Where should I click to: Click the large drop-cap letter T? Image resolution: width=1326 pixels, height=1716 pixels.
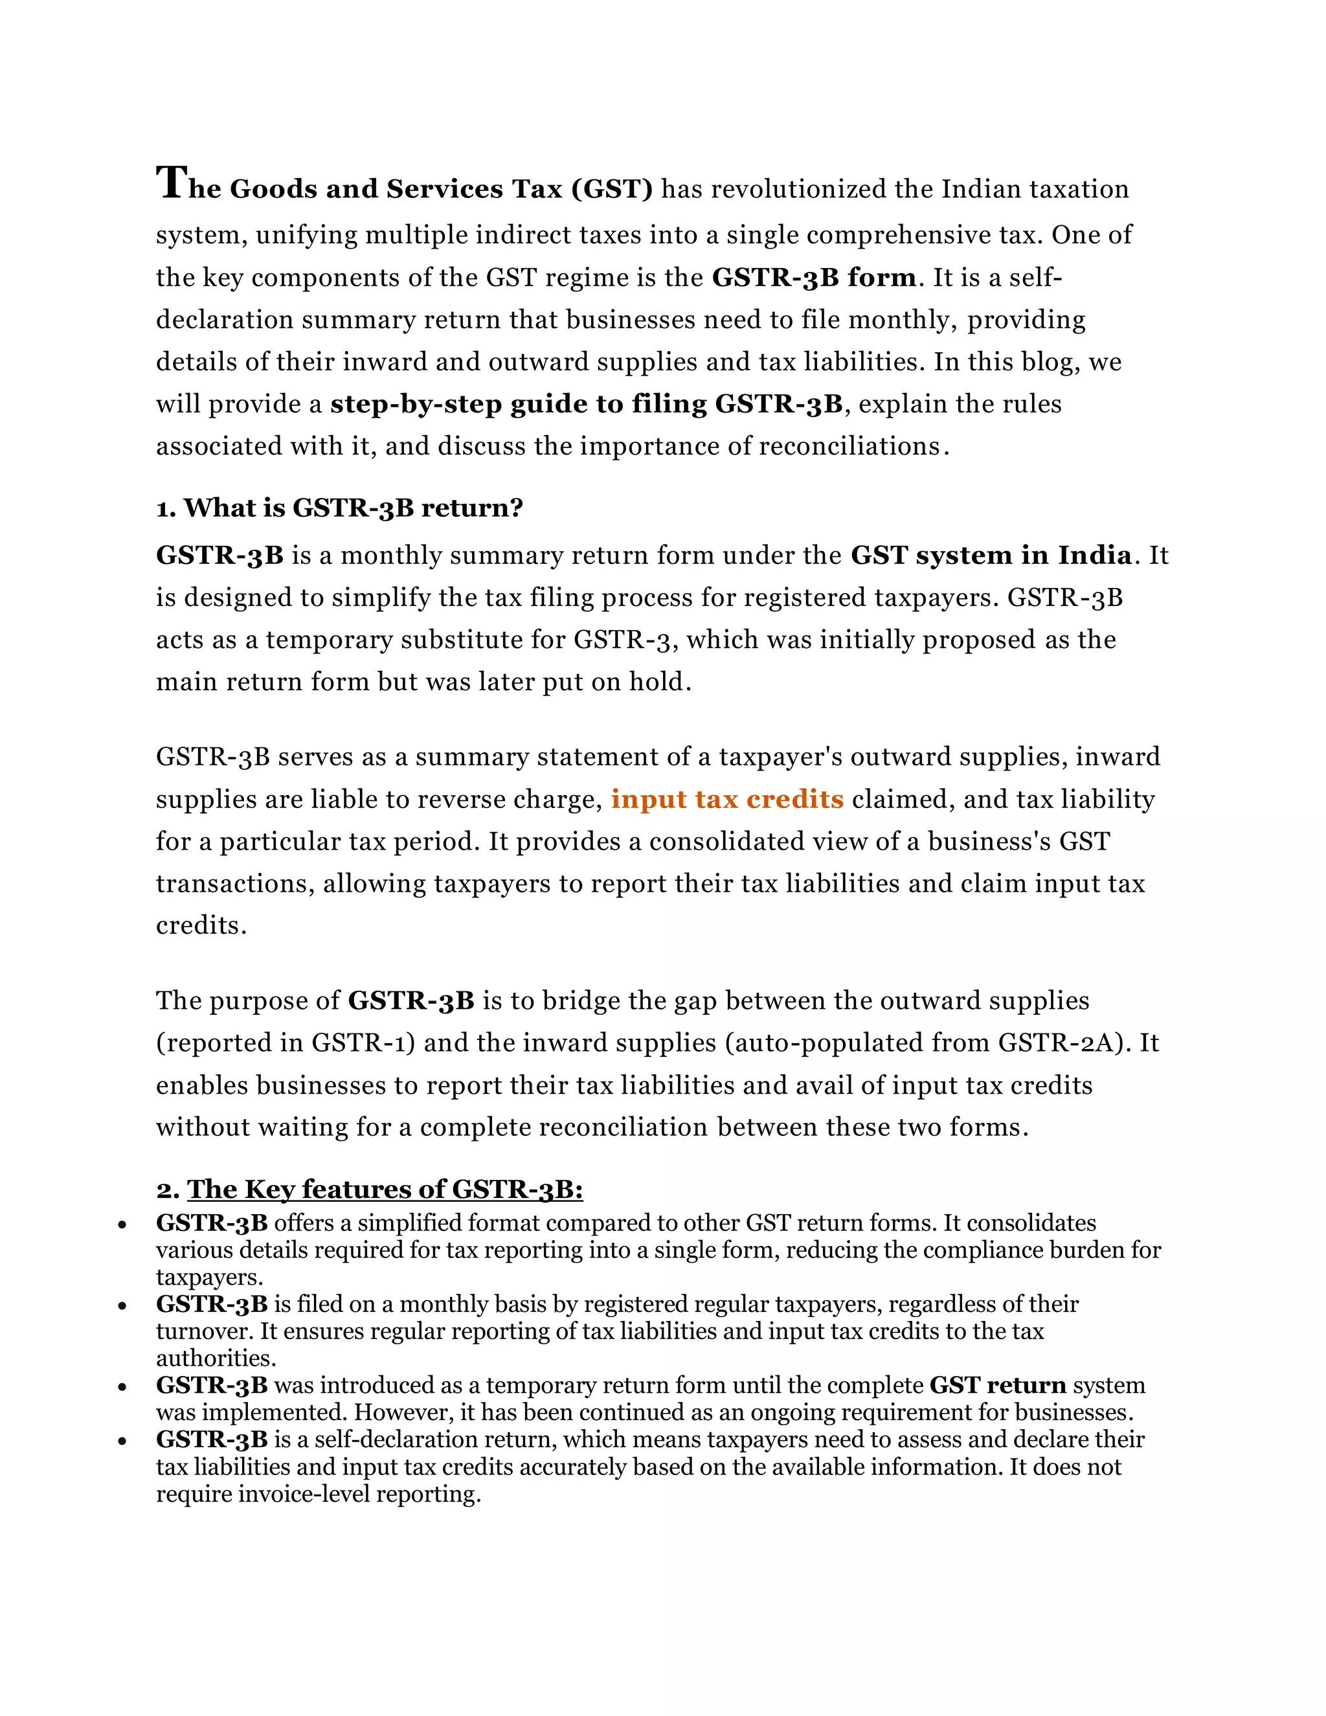coord(171,183)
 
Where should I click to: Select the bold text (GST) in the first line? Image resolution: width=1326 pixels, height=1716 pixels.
coord(612,189)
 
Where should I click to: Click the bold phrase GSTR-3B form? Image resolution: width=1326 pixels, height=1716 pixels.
coord(814,277)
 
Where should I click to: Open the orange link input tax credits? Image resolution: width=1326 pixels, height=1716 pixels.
coord(727,799)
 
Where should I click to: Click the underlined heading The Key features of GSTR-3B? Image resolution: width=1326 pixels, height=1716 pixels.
coord(385,1189)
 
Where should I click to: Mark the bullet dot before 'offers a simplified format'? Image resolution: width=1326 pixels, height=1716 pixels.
coord(122,1224)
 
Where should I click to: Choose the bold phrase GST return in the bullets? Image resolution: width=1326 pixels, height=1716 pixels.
coord(998,1384)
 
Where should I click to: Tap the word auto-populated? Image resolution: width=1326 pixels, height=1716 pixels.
coord(825,1043)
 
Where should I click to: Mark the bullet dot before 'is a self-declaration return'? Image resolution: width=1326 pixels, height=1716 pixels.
coord(122,1441)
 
